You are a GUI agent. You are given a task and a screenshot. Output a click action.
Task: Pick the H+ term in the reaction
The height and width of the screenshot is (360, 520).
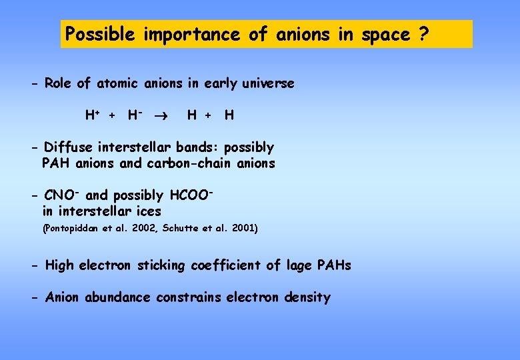tap(93, 115)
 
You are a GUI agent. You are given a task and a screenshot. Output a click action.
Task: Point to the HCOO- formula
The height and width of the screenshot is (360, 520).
tap(191, 195)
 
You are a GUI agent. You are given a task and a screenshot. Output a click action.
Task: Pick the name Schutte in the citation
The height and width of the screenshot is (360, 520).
tap(172, 229)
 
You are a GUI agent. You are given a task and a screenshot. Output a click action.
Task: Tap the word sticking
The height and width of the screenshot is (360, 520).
tap(163, 265)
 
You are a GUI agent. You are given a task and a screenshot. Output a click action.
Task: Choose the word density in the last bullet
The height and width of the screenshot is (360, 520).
tap(306, 297)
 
